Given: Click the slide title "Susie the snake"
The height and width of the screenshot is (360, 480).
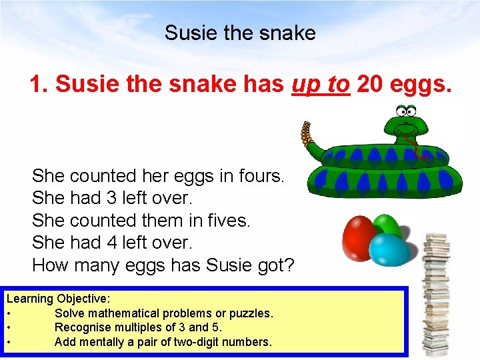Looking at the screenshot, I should (240, 33).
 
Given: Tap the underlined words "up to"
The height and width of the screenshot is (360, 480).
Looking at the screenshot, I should (320, 84).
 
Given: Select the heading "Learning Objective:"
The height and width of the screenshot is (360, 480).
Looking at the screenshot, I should (59, 299).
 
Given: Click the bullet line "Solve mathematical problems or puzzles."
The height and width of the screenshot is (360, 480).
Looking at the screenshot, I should (163, 313).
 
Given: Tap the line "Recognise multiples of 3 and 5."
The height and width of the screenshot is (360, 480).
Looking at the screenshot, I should (138, 327).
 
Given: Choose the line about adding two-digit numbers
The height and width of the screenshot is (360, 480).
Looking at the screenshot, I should (163, 342).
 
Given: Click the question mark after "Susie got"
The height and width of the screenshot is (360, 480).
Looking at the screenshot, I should (289, 265).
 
